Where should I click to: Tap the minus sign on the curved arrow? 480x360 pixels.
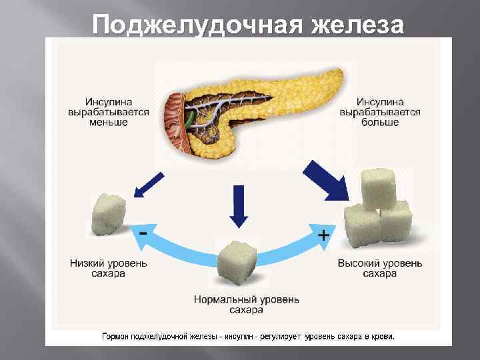[x=143, y=233]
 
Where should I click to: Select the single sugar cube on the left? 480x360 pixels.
[x=109, y=214]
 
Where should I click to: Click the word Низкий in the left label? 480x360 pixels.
[x=86, y=263]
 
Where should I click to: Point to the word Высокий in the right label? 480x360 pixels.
[x=359, y=263]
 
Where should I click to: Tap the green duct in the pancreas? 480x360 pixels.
[x=191, y=119]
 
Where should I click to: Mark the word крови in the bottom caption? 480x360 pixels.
[x=382, y=337]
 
